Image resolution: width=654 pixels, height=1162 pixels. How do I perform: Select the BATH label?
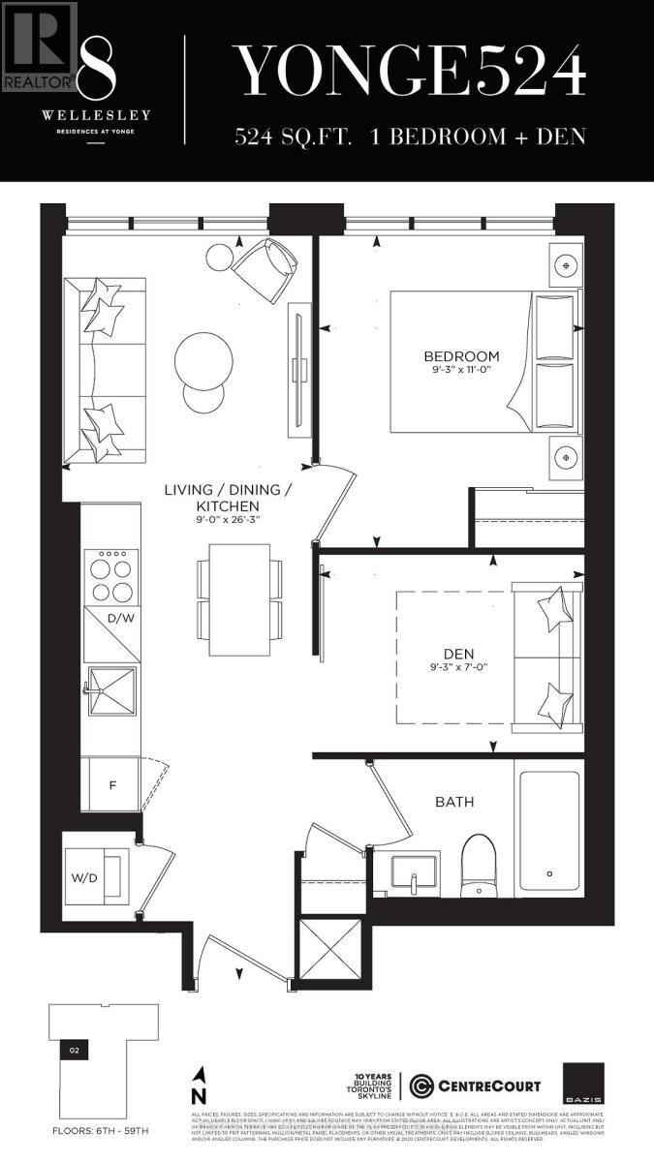tap(453, 802)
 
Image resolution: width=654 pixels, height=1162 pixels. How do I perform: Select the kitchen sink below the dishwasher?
tap(111, 690)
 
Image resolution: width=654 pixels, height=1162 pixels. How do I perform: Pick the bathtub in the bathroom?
tap(548, 830)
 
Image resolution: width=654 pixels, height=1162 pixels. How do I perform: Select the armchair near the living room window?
tap(265, 267)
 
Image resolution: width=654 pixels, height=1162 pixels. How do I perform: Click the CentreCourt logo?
tap(475, 1085)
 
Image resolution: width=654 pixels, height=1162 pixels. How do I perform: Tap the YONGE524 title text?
tap(412, 70)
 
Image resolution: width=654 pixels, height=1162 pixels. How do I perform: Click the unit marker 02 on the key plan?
tap(73, 1049)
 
